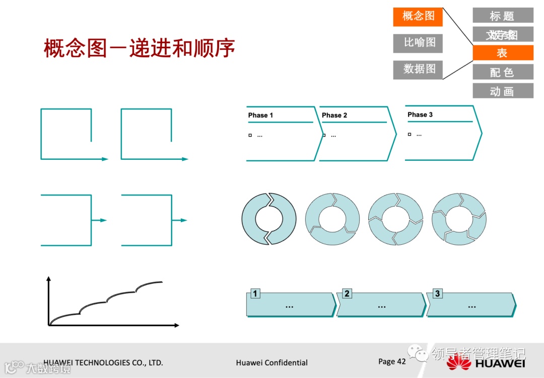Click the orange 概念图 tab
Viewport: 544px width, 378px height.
click(x=418, y=17)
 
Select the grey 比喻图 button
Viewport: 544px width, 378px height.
click(x=418, y=43)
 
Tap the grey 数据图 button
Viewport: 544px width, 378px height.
click(x=418, y=69)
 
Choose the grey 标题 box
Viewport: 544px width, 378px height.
click(x=502, y=16)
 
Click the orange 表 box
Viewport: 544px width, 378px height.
click(x=502, y=53)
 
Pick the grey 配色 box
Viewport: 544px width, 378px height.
click(x=502, y=72)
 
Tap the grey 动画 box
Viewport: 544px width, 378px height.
click(x=502, y=91)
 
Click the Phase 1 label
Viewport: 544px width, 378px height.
click(x=260, y=115)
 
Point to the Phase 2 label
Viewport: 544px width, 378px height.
click(x=334, y=115)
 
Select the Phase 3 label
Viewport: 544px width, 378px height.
click(x=420, y=115)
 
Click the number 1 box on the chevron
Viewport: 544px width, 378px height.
click(x=255, y=294)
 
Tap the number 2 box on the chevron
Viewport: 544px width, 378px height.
click(x=347, y=294)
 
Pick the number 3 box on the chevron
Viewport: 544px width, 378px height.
click(x=437, y=294)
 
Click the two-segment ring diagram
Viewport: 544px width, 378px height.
click(x=269, y=219)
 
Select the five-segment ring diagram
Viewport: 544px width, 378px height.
click(x=459, y=219)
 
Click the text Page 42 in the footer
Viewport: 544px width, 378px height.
click(x=392, y=361)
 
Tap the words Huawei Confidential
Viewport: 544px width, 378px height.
click(x=271, y=362)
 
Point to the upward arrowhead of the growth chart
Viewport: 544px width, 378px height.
click(x=49, y=279)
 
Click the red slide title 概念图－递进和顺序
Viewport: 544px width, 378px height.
click(x=139, y=49)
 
